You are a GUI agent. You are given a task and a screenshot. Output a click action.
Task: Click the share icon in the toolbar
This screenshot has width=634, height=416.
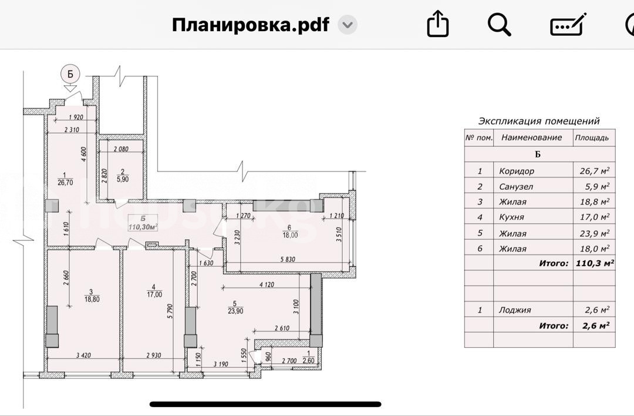pyautogui.click(x=438, y=24)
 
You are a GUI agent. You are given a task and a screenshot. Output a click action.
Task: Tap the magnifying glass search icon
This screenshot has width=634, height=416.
pyautogui.click(x=500, y=25)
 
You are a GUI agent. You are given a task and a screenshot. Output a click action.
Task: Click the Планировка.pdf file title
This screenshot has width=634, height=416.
pyautogui.click(x=250, y=25)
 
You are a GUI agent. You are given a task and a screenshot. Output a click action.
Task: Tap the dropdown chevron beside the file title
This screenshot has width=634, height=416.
pyautogui.click(x=348, y=25)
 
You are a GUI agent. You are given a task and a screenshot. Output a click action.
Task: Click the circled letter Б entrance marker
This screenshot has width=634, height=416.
pyautogui.click(x=70, y=74)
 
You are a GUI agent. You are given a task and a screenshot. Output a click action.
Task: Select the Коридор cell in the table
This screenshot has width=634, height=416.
pyautogui.click(x=517, y=171)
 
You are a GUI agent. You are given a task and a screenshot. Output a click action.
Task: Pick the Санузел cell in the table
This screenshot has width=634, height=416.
pyautogui.click(x=516, y=186)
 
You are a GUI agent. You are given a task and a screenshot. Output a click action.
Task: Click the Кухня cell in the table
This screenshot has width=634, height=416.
pyautogui.click(x=511, y=217)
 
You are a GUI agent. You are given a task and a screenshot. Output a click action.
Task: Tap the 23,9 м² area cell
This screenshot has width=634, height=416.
pyautogui.click(x=594, y=233)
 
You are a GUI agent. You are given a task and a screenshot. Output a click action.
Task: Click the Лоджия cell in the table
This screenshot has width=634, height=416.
pyautogui.click(x=515, y=310)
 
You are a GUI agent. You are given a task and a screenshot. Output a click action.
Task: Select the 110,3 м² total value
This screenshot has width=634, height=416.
pyautogui.click(x=595, y=263)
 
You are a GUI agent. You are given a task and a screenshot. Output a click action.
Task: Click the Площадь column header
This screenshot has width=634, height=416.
pyautogui.click(x=592, y=137)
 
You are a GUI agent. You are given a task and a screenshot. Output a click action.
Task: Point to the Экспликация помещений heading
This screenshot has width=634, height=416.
pyautogui.click(x=538, y=121)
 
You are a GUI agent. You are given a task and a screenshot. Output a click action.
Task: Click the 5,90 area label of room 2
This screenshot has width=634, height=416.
pyautogui.click(x=123, y=179)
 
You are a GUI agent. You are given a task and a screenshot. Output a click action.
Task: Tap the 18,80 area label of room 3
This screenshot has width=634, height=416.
pyautogui.click(x=92, y=300)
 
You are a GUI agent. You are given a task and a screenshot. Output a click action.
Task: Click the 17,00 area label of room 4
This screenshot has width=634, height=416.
pyautogui.click(x=154, y=294)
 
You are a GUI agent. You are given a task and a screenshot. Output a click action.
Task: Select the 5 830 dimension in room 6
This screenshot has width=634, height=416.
pyautogui.click(x=288, y=259)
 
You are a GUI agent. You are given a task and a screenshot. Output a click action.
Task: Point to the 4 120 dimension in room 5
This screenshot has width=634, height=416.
pyautogui.click(x=267, y=284)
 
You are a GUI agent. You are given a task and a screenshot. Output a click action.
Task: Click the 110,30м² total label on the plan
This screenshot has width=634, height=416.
pyautogui.click(x=143, y=227)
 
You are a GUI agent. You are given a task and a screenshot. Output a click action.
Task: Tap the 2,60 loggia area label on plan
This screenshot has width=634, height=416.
pyautogui.click(x=309, y=361)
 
